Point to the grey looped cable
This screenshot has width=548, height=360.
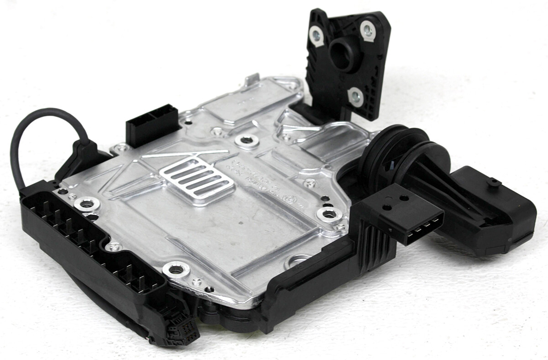(32, 132)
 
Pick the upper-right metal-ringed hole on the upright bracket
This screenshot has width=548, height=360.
(368, 30)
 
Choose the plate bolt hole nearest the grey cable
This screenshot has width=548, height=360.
(86, 204)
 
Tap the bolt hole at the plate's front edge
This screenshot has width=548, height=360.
(175, 269)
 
